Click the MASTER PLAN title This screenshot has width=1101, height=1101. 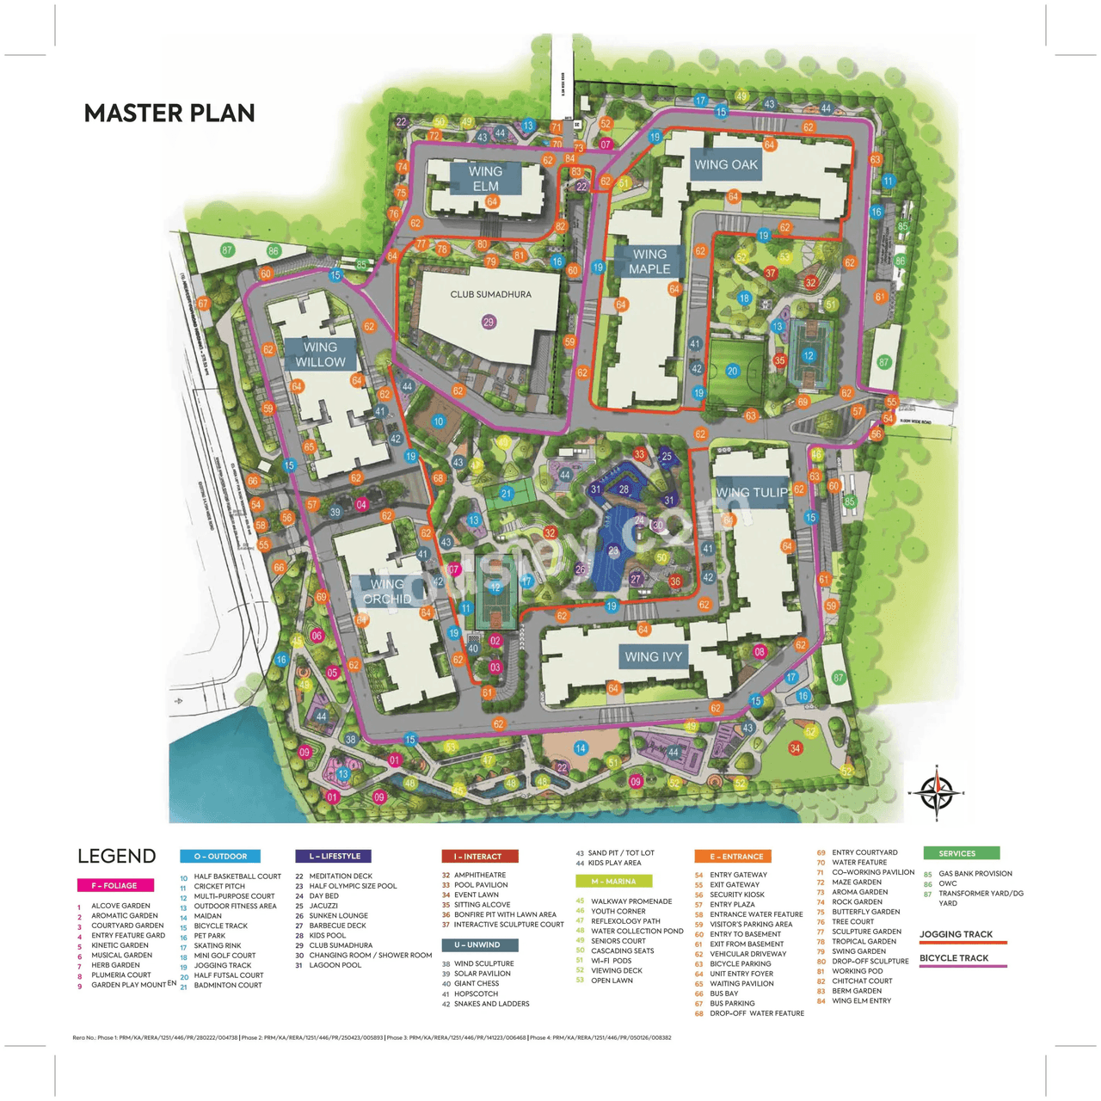169,114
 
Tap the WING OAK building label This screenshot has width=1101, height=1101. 726,165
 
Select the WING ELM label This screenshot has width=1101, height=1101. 485,179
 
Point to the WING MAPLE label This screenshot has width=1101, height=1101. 649,261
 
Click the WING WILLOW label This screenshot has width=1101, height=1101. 320,354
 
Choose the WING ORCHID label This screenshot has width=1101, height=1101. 387,592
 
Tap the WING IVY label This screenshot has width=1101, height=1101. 653,657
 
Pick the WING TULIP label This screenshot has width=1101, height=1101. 752,493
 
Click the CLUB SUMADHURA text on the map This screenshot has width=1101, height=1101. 490,294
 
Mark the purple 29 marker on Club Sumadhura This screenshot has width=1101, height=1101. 489,323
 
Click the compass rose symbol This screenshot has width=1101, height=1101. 937,791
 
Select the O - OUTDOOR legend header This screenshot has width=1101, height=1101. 219,857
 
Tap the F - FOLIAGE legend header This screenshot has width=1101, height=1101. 114,885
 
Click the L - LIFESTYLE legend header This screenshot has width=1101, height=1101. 334,857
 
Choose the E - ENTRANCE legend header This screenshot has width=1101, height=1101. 733,857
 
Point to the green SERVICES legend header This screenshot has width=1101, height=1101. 961,853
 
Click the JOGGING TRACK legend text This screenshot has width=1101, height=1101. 956,934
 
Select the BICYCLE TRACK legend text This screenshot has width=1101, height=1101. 954,958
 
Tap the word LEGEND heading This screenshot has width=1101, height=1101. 117,857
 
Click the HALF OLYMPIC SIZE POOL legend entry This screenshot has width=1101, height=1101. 353,886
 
